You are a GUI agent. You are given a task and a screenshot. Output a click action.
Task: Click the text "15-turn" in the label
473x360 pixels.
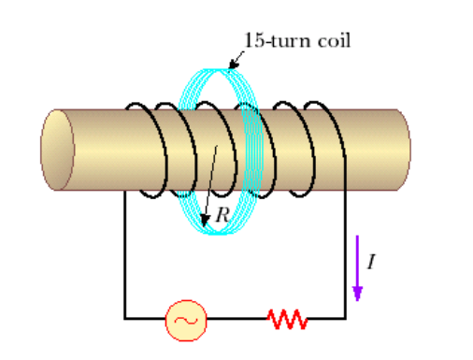[269, 40]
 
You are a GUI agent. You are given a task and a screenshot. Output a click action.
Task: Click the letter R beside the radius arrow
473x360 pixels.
[222, 214]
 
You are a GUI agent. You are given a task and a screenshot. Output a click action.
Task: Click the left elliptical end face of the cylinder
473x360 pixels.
[58, 150]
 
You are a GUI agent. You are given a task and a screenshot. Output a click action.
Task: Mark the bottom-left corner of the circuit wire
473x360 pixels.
[125, 319]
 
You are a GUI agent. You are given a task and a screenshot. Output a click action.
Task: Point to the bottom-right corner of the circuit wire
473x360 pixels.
[346, 319]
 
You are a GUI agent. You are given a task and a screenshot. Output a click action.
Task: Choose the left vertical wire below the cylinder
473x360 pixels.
[125, 252]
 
